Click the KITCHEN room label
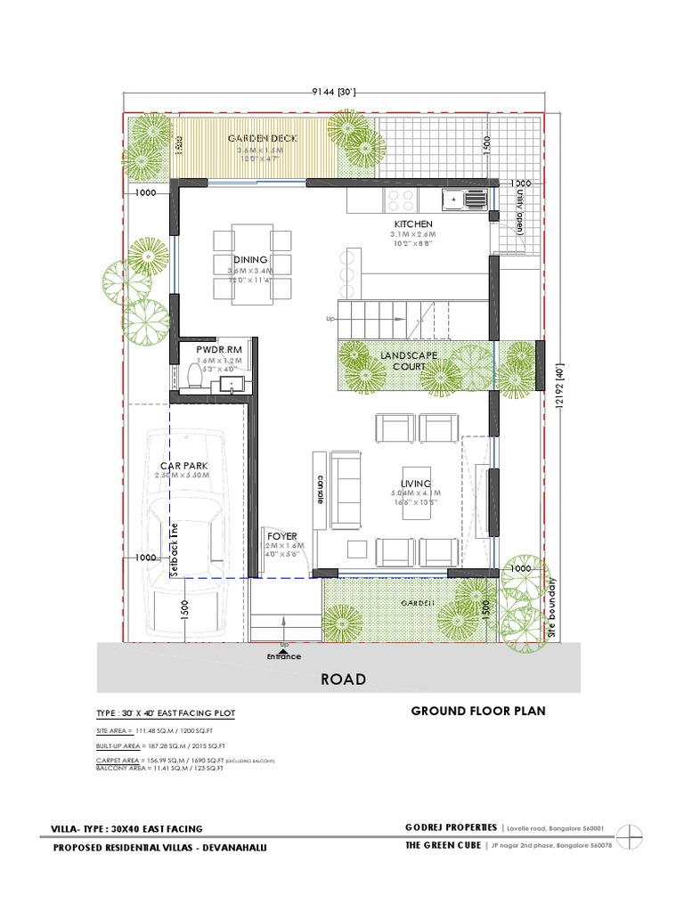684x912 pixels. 413,224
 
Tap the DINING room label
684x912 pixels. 250,259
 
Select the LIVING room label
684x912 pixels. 416,483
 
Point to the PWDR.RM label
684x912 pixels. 219,350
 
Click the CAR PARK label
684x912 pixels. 183,465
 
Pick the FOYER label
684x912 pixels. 282,536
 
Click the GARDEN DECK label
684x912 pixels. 262,139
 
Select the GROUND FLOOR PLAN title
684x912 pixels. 476,712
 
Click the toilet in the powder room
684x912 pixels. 194,380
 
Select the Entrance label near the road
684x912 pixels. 284,656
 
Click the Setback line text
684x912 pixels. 175,548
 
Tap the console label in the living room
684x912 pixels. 319,491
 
